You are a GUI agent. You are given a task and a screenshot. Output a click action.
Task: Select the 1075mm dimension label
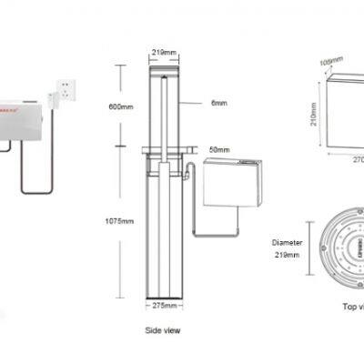(x=120, y=219)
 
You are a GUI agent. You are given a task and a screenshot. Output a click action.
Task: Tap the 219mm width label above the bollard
(x=164, y=53)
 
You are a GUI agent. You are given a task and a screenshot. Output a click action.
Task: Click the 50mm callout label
(x=219, y=147)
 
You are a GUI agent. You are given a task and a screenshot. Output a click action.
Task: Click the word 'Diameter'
(x=288, y=243)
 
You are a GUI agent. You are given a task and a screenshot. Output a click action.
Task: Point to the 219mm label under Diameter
(x=288, y=256)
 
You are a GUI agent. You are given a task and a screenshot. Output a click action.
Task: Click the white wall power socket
(x=67, y=89)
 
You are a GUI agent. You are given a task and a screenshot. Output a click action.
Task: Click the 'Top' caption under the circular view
(x=350, y=307)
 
